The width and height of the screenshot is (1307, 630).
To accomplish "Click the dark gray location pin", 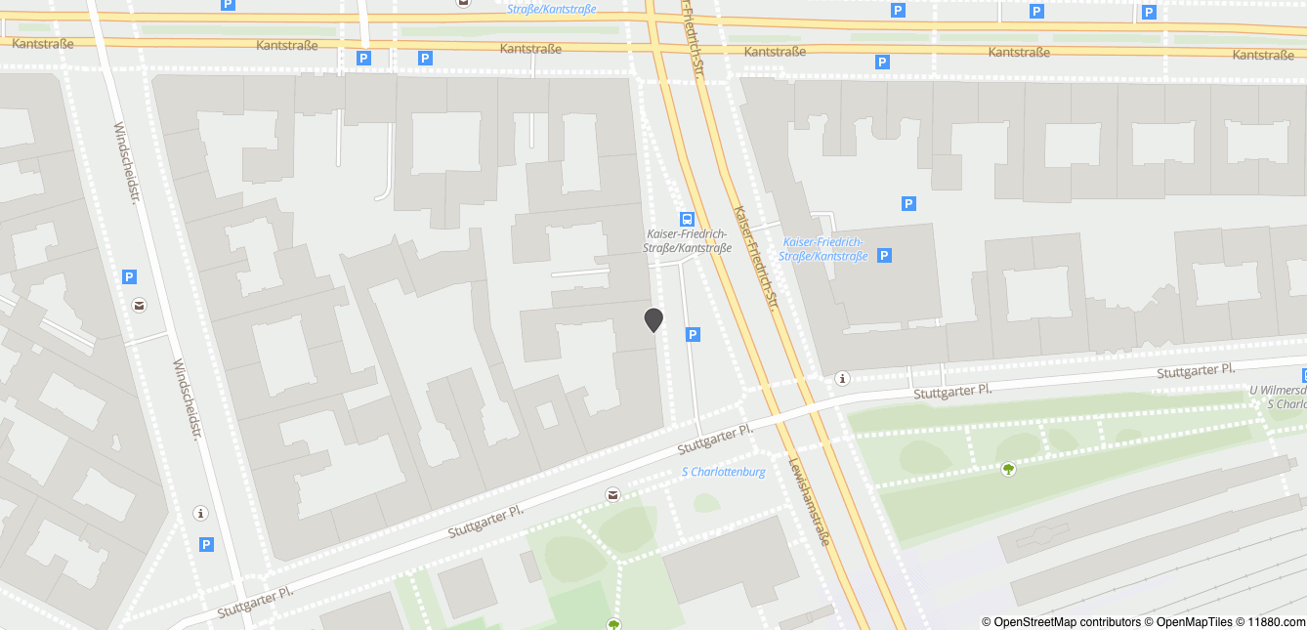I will [x=653, y=319].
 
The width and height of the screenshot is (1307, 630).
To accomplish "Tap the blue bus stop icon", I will [x=688, y=220].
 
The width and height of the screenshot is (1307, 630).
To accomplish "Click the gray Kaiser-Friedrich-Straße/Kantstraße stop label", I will [x=689, y=240].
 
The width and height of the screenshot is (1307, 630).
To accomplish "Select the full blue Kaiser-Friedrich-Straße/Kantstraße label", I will [x=824, y=249].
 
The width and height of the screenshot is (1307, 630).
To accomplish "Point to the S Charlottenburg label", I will [x=723, y=472].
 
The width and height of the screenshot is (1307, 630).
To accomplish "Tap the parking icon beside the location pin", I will [x=693, y=335].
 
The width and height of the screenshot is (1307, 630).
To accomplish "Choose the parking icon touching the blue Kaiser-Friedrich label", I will [x=884, y=255].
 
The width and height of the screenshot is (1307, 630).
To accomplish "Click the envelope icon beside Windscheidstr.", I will [x=140, y=306].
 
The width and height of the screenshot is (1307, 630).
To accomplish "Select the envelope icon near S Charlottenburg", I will [x=612, y=495].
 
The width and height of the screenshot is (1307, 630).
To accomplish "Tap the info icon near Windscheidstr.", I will [x=201, y=513].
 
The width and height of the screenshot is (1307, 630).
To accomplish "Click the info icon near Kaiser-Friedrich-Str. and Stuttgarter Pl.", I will [x=843, y=378].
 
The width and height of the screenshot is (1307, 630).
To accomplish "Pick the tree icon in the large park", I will [x=1008, y=469].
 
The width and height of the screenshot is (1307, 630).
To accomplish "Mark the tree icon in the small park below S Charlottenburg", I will [x=613, y=623].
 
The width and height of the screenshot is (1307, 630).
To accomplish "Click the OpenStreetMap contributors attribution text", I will [x=1061, y=622].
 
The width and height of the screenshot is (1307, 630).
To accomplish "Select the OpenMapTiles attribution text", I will [x=1188, y=622].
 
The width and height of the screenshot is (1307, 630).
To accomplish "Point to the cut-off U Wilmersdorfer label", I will [x=1278, y=390].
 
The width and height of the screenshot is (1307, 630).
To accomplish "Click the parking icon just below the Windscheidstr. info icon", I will [x=206, y=544].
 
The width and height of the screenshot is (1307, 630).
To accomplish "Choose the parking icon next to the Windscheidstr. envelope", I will [x=129, y=277].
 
